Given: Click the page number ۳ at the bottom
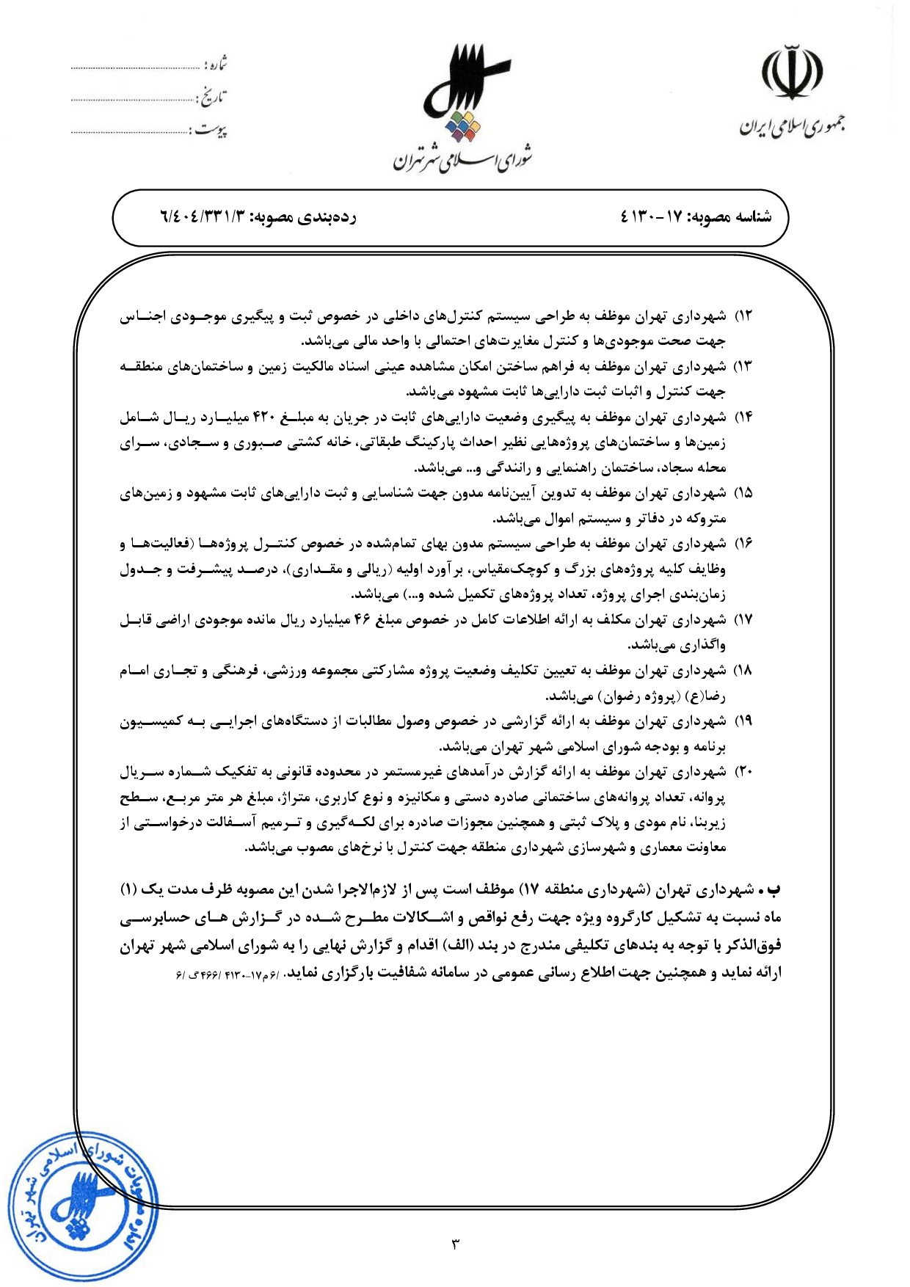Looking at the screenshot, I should (455, 1244).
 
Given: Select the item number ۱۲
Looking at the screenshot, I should (744, 316).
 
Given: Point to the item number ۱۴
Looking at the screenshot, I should (744, 418).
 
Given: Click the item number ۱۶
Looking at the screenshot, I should (744, 544).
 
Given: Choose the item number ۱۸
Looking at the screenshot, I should (744, 671).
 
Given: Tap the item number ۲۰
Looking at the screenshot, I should (744, 772).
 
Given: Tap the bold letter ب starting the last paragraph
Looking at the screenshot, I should (774, 890).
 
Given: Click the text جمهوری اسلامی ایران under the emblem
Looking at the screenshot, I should (792, 127).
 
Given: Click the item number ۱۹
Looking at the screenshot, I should (744, 721).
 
